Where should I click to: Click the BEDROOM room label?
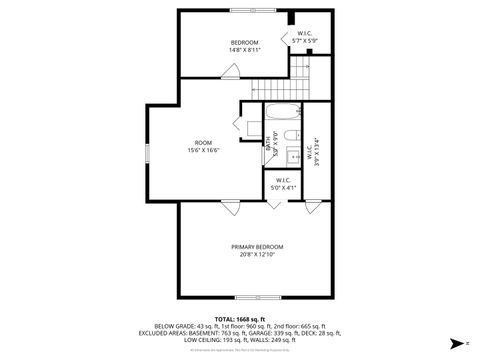click(245, 42)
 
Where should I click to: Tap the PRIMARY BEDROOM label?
click(257, 246)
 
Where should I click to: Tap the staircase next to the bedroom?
click(267, 89)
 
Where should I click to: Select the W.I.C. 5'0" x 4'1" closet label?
click(284, 184)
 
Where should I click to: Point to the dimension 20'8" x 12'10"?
click(257, 254)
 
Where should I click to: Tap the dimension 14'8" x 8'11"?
click(245, 49)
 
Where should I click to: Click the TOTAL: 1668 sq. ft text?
click(240, 318)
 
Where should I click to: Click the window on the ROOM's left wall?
click(146, 151)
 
